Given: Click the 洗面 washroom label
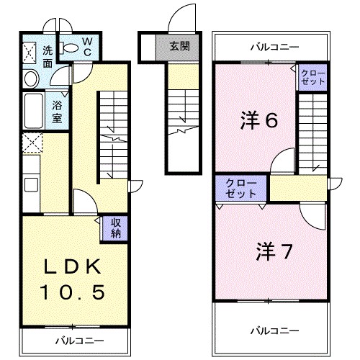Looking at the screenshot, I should pos(48,56).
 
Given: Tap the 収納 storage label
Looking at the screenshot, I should pos(116,228).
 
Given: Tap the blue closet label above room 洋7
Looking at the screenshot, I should pos(240,189).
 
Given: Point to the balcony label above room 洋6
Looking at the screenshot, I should pos(274,48).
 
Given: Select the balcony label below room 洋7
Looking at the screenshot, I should pos(274,330).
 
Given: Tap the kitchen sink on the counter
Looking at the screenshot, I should pos(31,184).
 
